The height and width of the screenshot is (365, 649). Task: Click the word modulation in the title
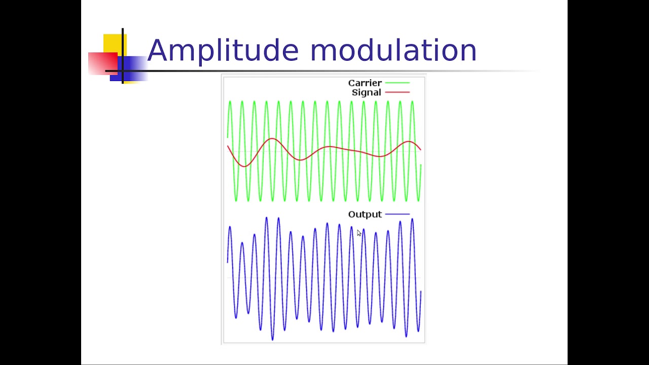[x=393, y=50]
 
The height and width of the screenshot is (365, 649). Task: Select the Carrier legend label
[x=365, y=83]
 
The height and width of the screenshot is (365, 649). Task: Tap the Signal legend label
[x=366, y=93]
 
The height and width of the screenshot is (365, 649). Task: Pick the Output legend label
[x=365, y=214]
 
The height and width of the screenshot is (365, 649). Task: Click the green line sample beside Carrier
[x=397, y=83]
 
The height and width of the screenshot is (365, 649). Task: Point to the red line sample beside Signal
[x=397, y=92]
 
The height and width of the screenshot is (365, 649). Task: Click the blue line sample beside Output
[x=397, y=214]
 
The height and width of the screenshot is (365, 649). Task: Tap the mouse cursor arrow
[x=359, y=233]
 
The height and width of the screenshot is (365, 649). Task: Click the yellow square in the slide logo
[x=115, y=44]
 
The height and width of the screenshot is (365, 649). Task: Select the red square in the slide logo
[x=103, y=63]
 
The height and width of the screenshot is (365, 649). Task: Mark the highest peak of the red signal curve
[x=272, y=139]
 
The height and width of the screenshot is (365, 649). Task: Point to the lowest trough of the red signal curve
[x=244, y=166]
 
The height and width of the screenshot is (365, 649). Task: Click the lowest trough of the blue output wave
[x=272, y=340]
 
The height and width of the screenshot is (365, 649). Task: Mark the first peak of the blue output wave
[x=230, y=227]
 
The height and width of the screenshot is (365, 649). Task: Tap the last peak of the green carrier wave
[x=412, y=102]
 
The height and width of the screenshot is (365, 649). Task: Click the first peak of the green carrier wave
[x=230, y=102]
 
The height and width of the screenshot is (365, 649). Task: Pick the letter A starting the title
[x=157, y=50]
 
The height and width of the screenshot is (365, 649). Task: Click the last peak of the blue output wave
[x=412, y=219]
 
